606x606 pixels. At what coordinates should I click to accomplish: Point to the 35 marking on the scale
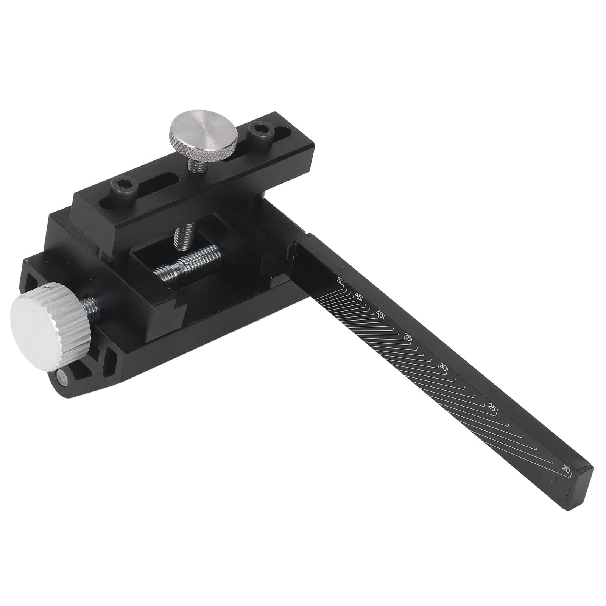click(408, 337)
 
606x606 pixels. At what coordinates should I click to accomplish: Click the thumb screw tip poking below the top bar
click(179, 238)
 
